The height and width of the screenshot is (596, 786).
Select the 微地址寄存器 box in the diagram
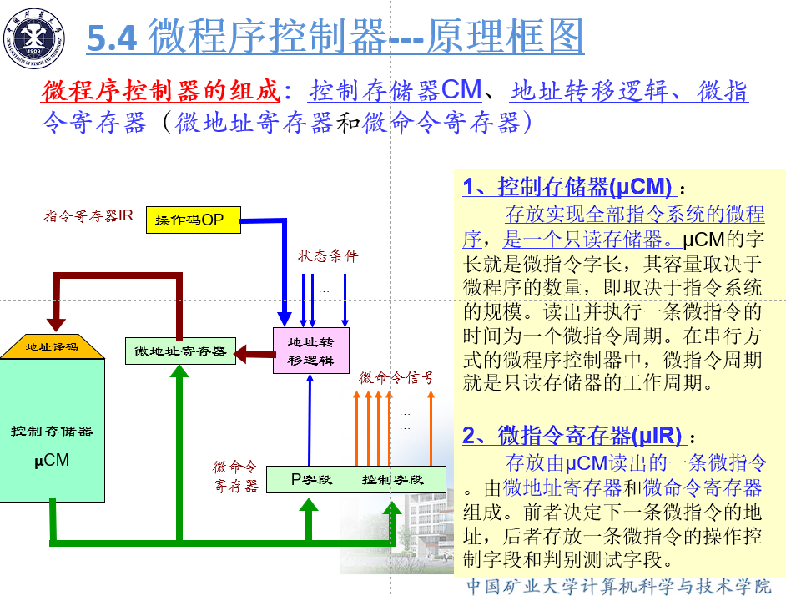(x=180, y=351)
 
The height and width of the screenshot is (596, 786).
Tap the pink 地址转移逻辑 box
(x=310, y=351)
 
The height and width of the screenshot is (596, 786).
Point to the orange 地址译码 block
(x=52, y=346)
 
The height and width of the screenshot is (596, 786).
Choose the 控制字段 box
(x=394, y=480)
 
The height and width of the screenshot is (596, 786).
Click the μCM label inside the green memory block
(x=52, y=460)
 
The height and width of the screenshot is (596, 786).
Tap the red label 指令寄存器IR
(x=88, y=216)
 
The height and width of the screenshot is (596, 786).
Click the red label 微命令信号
(x=397, y=377)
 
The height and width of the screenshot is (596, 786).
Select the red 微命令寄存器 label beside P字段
(x=235, y=477)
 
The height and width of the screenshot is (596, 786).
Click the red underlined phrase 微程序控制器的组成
(x=160, y=91)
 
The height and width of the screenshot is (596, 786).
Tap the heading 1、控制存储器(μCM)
(x=567, y=186)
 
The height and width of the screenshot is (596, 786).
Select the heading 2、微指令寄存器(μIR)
(x=572, y=435)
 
